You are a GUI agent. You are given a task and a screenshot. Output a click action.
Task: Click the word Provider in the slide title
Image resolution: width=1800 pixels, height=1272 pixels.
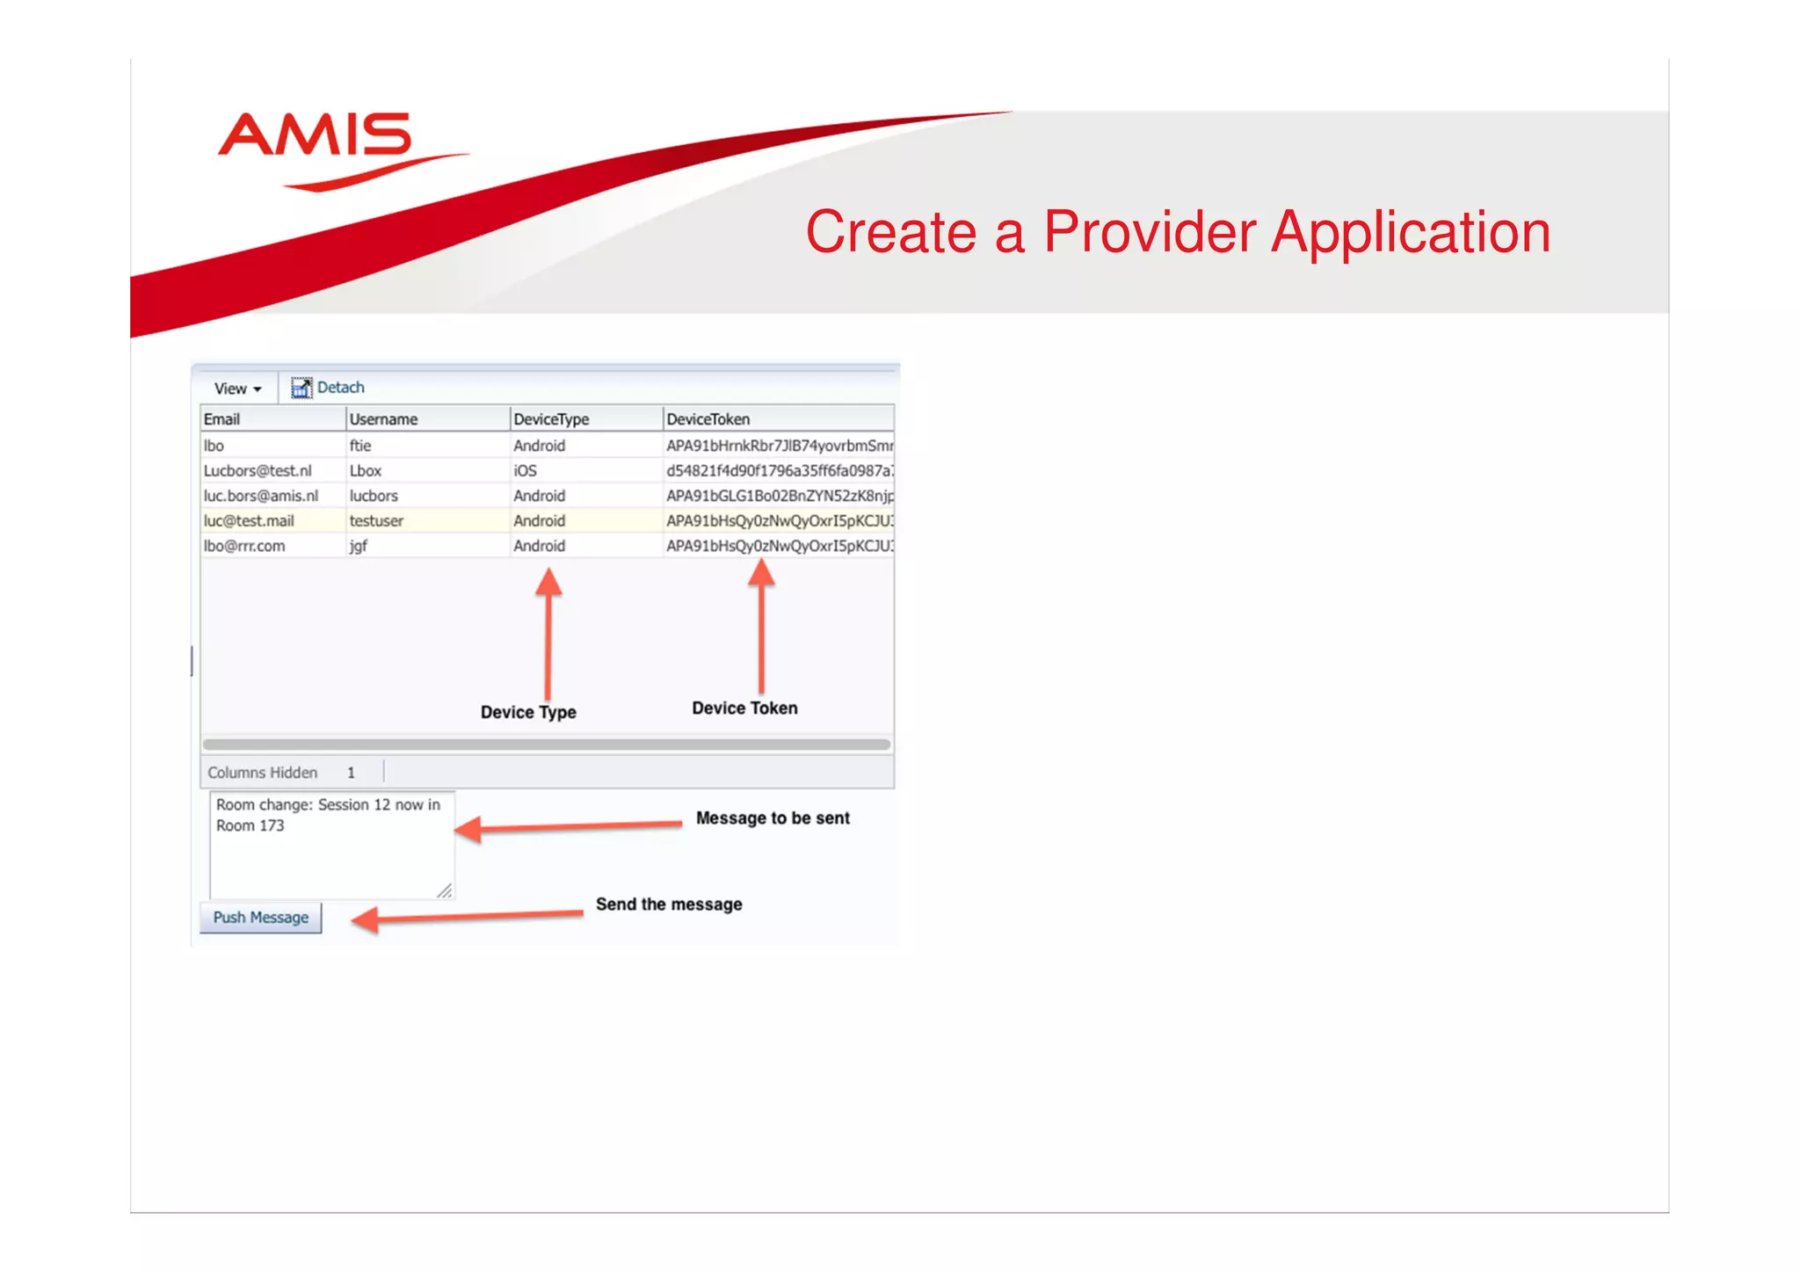coord(1149,233)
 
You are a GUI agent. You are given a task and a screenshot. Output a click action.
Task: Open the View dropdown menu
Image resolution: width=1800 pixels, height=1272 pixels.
coord(237,389)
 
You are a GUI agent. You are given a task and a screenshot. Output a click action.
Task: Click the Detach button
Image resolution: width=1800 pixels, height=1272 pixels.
coord(329,388)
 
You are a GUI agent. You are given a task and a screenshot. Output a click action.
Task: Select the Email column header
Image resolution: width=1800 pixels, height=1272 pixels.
coord(222,419)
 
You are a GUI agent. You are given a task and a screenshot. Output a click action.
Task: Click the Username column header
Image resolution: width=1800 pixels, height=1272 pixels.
coord(383,419)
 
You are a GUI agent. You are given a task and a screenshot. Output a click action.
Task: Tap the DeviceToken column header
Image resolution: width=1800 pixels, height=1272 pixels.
coord(708,419)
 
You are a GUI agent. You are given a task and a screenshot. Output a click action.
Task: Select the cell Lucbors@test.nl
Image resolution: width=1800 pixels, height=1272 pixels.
coord(258,470)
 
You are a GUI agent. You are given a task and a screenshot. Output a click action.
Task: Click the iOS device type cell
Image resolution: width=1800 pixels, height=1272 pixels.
coord(525,470)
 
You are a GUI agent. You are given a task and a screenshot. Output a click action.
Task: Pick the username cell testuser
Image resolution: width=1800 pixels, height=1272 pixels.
coord(376,520)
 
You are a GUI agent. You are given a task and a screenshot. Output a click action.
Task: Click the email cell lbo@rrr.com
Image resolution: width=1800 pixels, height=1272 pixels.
coord(244,546)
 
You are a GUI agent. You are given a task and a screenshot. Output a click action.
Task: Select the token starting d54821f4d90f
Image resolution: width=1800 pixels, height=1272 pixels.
coord(779,470)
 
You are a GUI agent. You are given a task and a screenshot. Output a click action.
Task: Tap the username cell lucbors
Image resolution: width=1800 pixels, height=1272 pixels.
coord(374,496)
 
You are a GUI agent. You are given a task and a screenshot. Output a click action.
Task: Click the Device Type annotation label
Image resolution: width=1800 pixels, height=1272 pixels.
coord(528,712)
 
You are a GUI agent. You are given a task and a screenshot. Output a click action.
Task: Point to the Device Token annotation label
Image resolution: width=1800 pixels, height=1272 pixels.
coord(744,709)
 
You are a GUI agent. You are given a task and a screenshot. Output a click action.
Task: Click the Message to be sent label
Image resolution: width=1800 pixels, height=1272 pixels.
coord(773,818)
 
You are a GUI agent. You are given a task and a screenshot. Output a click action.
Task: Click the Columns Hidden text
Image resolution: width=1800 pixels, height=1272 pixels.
coord(262,773)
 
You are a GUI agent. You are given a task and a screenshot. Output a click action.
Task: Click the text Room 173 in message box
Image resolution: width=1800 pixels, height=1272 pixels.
coord(250,826)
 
